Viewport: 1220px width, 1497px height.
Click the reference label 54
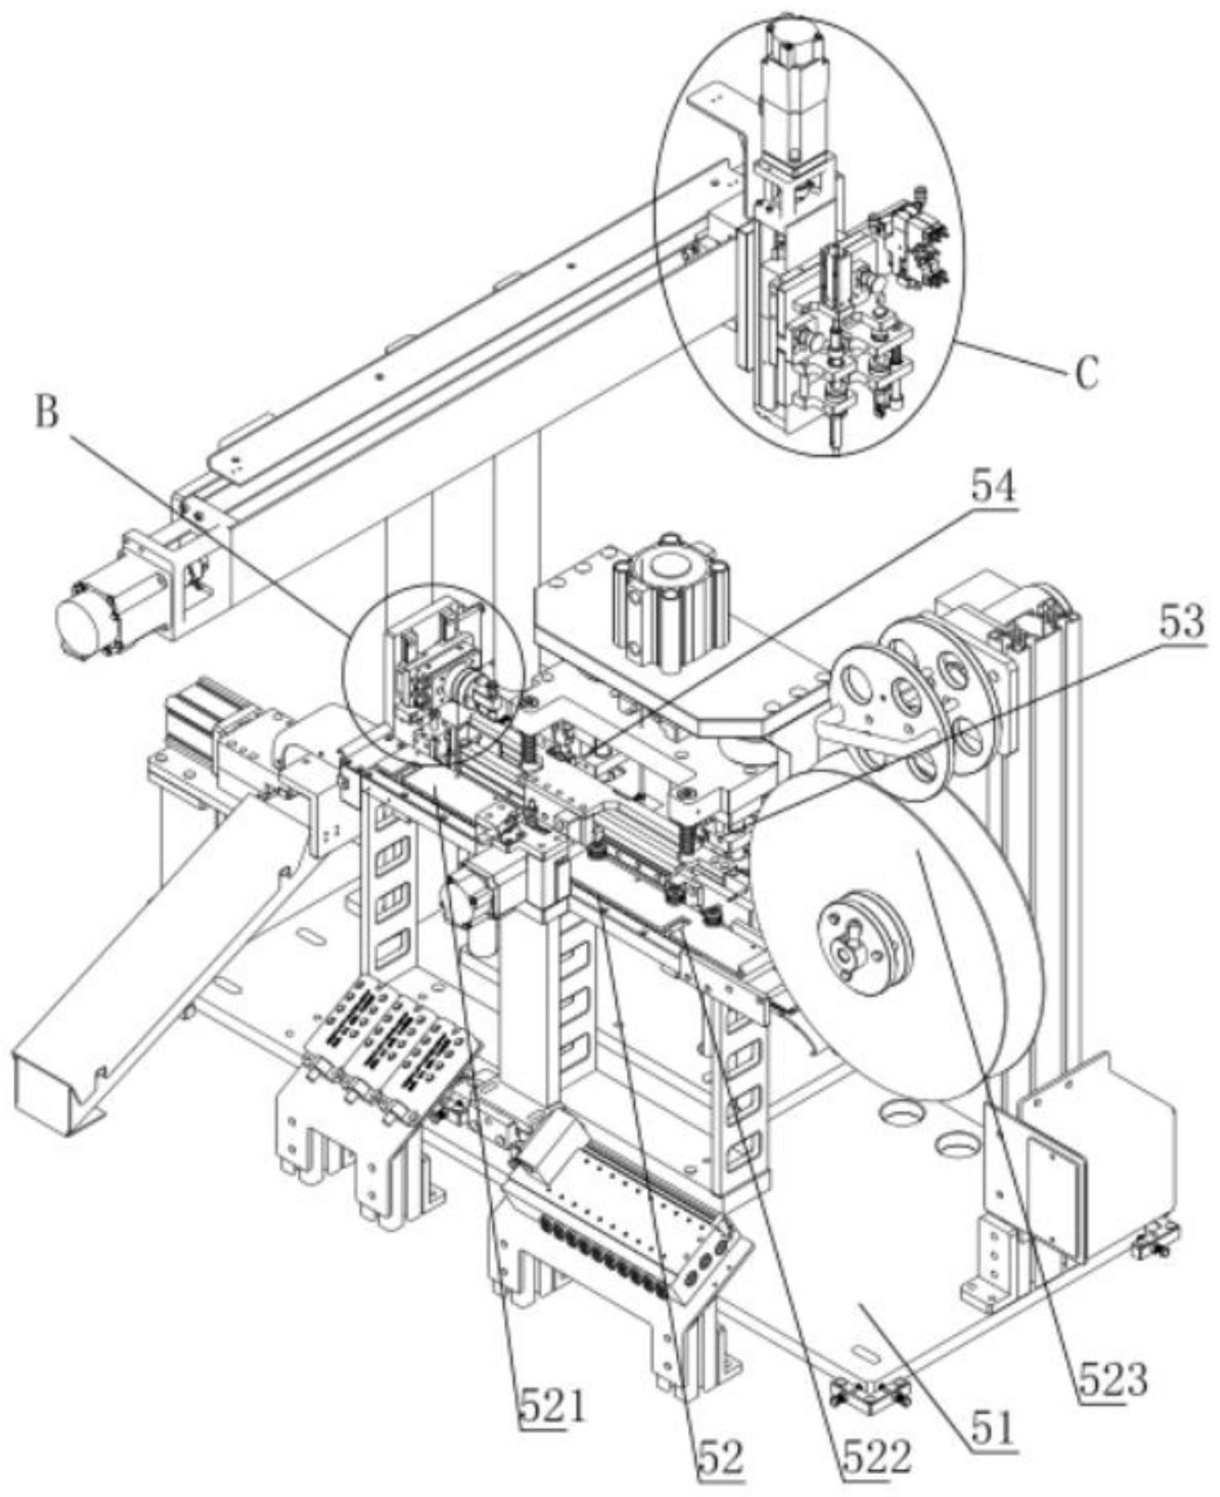click(993, 489)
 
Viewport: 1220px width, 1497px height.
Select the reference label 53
click(1182, 623)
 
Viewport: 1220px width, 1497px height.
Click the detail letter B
click(47, 413)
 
